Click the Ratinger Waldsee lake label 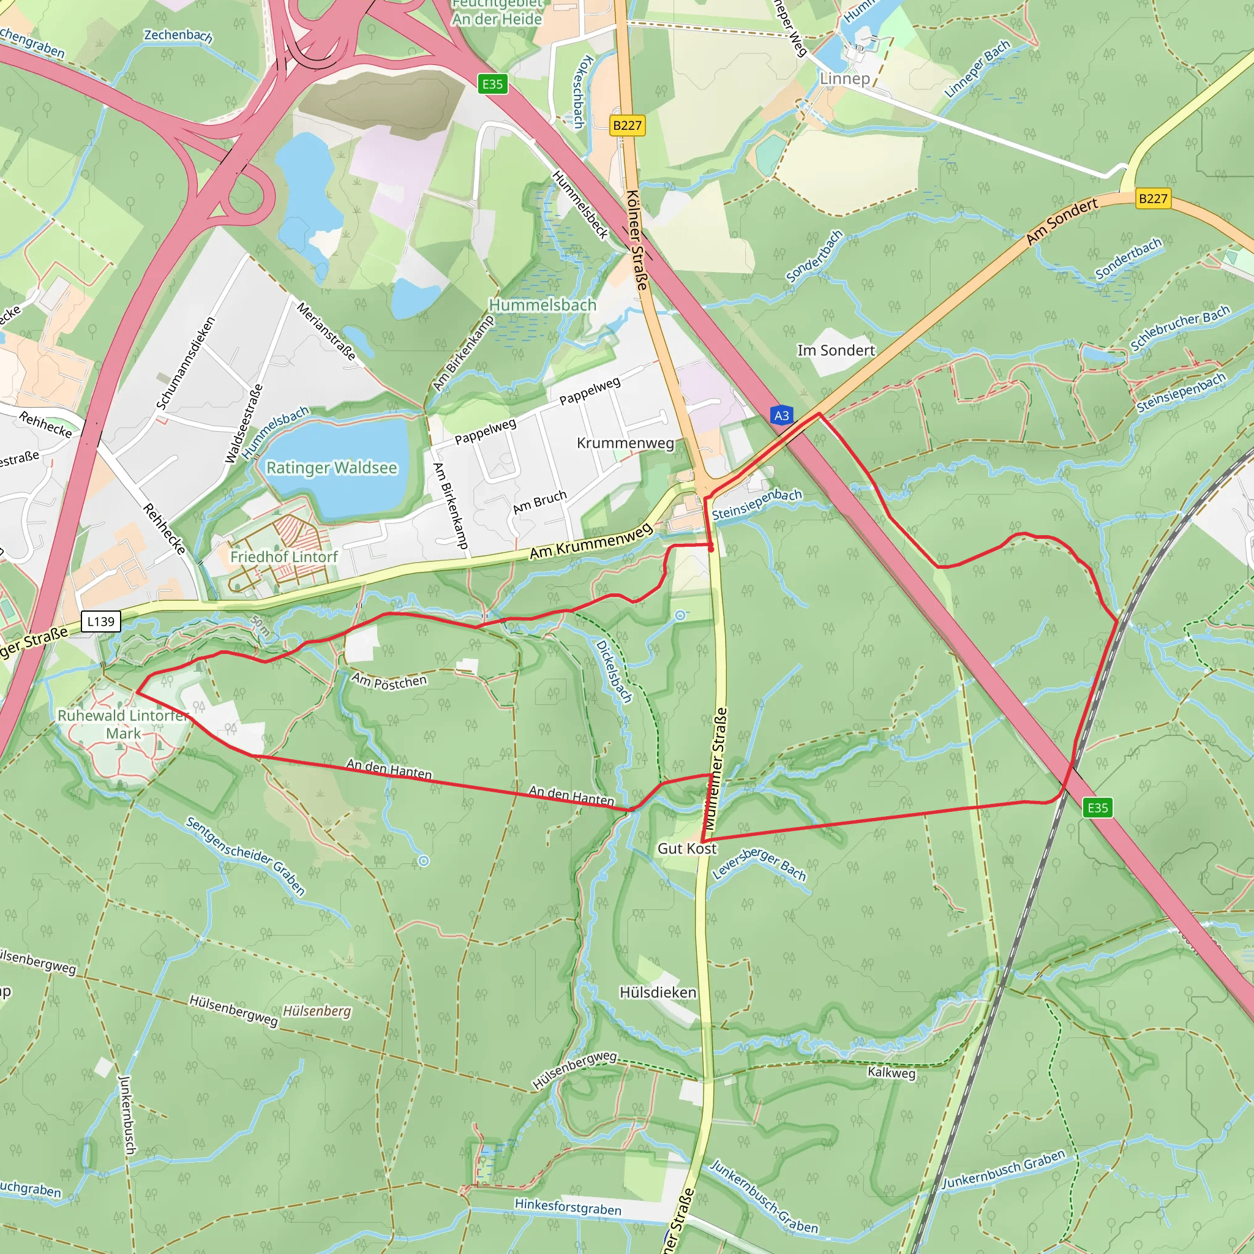(x=332, y=468)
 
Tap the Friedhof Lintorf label (x=283, y=557)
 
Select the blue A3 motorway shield (x=781, y=415)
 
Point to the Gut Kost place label (x=687, y=848)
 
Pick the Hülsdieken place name (x=658, y=993)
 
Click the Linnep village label (x=844, y=78)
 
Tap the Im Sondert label (x=836, y=350)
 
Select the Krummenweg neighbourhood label (x=625, y=443)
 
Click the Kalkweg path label (x=891, y=1073)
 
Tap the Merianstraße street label (x=326, y=331)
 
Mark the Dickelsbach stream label (x=614, y=671)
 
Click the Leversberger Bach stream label (x=759, y=864)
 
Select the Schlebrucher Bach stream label (x=1179, y=328)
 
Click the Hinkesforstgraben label (x=568, y=1207)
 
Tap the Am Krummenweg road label (x=591, y=542)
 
